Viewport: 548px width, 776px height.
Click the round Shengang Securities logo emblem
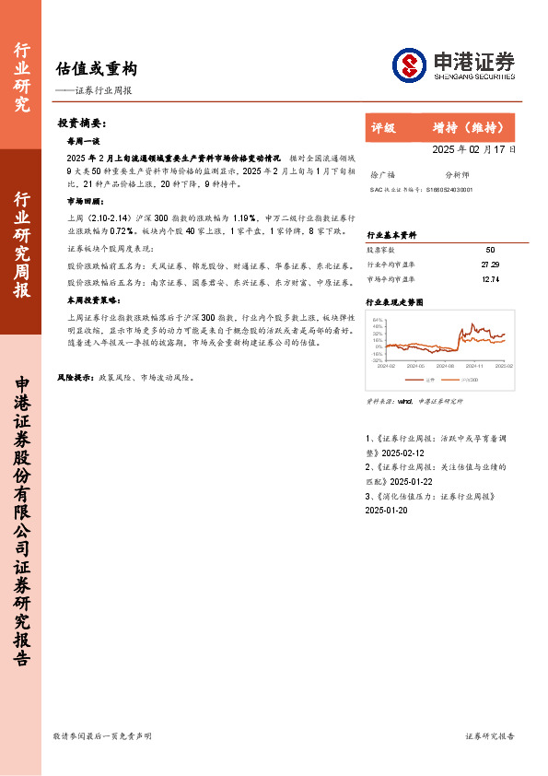[408, 65]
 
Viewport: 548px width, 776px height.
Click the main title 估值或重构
[96, 68]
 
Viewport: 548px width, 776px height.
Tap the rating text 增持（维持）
[468, 127]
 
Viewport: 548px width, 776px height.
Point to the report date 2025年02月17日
[474, 148]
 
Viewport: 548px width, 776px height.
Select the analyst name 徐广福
[381, 173]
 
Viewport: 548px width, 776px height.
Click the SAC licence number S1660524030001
[450, 189]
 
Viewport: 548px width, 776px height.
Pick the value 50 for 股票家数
[489, 250]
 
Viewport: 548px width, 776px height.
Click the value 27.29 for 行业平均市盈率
[489, 264]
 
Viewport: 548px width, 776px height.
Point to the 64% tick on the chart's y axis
[378, 320]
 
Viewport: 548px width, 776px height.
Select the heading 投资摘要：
[82, 123]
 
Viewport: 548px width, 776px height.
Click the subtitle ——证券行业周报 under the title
[93, 90]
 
